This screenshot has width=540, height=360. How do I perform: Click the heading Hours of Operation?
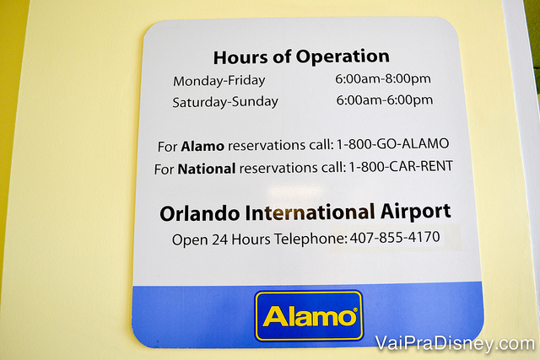pos(301,56)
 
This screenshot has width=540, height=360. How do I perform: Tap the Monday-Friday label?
pos(219,81)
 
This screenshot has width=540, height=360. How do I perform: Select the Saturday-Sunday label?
pos(225,102)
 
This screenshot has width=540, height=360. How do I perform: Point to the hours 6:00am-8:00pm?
pos(383,78)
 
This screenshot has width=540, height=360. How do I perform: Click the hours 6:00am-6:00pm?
pos(385,100)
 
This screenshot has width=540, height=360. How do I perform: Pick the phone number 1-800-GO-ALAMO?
pos(392,143)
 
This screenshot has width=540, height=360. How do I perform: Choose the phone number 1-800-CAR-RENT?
pos(401,166)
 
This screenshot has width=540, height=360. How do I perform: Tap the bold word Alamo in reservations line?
pos(202,146)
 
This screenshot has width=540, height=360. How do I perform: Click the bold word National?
pos(207,169)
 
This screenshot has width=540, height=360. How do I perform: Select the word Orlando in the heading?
pos(200,213)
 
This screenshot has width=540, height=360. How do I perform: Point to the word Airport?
pos(416,212)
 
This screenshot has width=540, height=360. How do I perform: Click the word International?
pos(310,212)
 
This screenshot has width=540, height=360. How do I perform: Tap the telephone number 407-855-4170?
pos(395,237)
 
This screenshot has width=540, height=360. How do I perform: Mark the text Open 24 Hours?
pos(221,239)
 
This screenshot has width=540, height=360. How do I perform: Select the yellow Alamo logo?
pos(309,315)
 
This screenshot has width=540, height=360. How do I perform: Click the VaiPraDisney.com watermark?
pos(456,343)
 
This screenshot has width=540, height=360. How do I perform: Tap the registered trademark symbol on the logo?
pos(355,309)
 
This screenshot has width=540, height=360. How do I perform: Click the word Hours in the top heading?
pos(240,57)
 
